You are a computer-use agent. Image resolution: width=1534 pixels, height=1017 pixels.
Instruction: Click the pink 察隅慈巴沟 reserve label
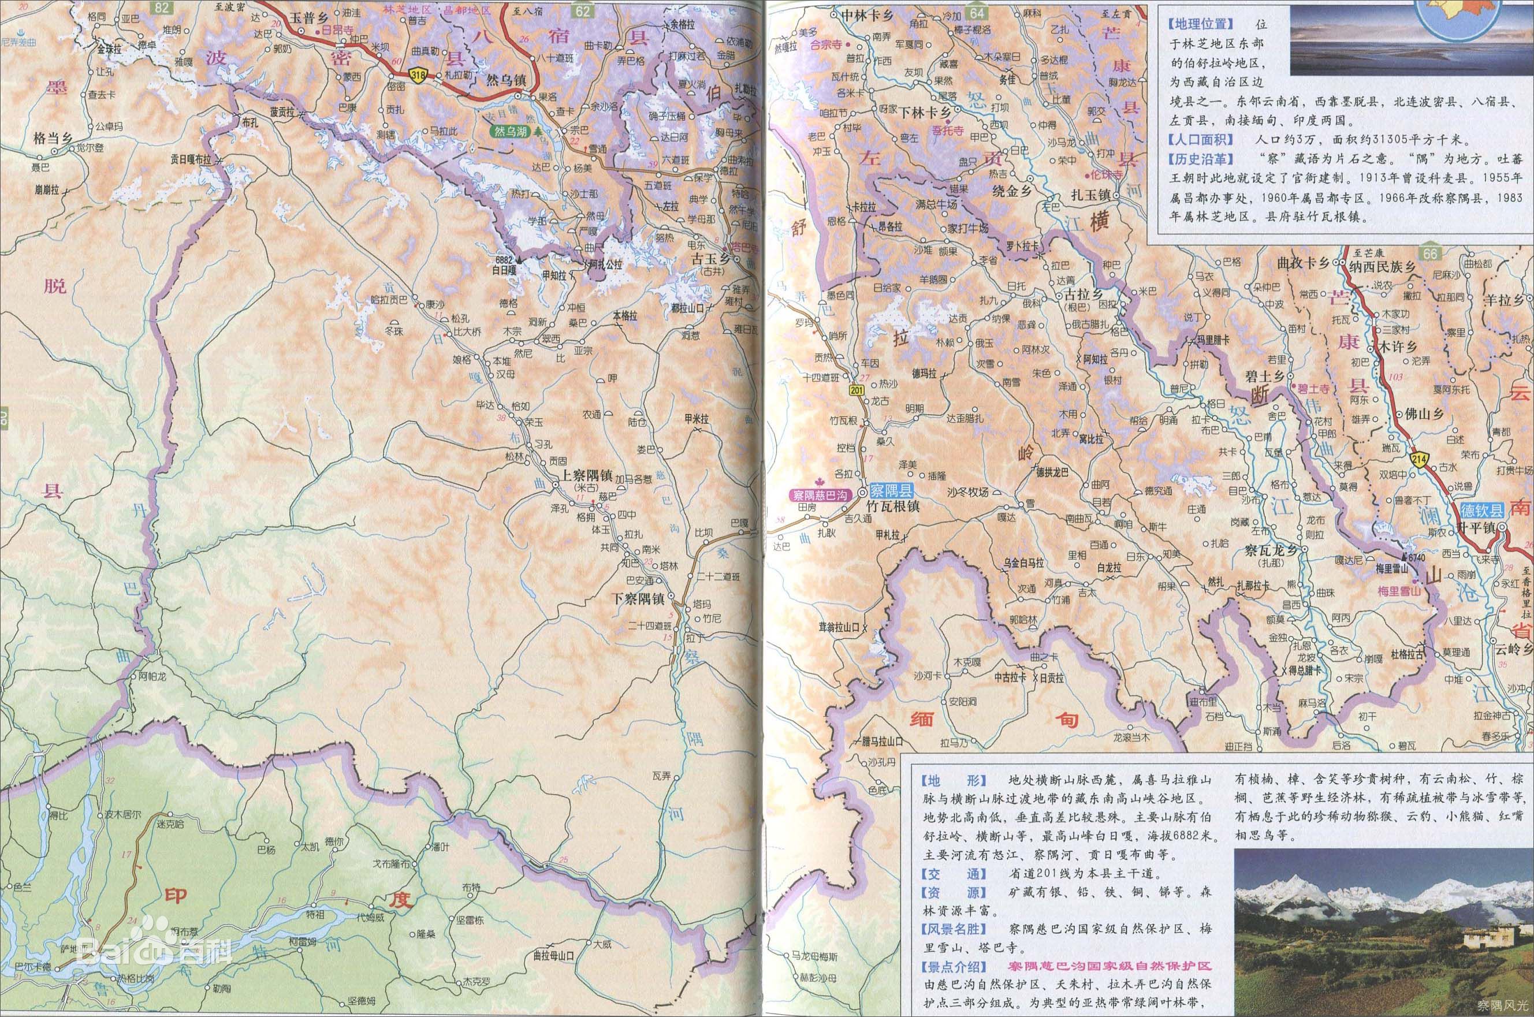pos(822,495)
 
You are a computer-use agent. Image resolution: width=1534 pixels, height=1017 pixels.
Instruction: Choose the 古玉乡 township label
pos(710,258)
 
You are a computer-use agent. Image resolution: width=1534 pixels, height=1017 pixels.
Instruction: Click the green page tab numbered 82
pos(162,8)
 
